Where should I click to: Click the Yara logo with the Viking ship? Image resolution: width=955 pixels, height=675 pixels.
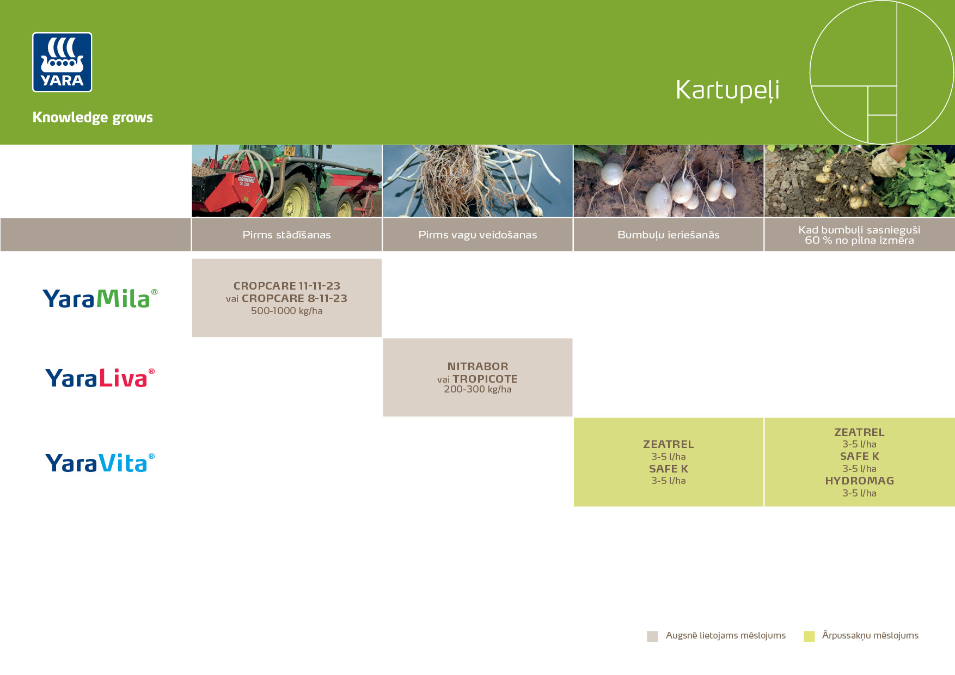coord(62,62)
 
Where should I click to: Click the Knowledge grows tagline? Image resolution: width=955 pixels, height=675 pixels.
coord(93,118)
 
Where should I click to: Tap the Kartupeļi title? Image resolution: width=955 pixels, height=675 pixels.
coord(727,90)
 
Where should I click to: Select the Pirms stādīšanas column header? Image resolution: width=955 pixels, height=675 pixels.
coord(286,235)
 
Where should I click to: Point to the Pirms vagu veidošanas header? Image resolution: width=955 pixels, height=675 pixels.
coord(477,235)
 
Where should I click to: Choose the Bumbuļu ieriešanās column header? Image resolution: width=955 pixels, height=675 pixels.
coord(669,235)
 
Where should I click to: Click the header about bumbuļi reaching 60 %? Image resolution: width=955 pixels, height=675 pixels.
coord(860,235)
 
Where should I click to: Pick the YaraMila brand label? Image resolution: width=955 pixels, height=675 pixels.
coord(100,298)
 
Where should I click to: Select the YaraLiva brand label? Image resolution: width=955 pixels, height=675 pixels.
coord(100,378)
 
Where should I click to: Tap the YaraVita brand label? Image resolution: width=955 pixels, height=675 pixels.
coord(100,463)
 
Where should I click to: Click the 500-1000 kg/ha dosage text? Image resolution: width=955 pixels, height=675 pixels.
coord(286,311)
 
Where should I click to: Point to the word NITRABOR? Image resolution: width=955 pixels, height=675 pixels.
coord(477,366)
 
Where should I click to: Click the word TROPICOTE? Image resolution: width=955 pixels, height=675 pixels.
coord(485,379)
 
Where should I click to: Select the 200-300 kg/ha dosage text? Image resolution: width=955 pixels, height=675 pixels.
coord(477,389)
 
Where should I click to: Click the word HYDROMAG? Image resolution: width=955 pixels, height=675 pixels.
coord(860,481)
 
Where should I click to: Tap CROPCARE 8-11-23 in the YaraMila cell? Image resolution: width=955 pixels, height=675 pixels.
coord(295,298)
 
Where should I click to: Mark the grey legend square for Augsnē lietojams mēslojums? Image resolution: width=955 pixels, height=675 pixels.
coord(652,636)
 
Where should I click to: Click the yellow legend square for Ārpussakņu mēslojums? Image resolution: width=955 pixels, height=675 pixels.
coord(809,636)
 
